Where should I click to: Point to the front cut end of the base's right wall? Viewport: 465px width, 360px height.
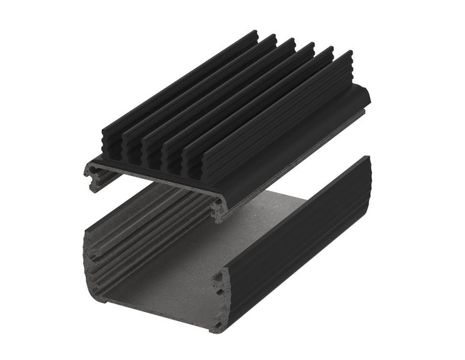[x=221, y=291]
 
